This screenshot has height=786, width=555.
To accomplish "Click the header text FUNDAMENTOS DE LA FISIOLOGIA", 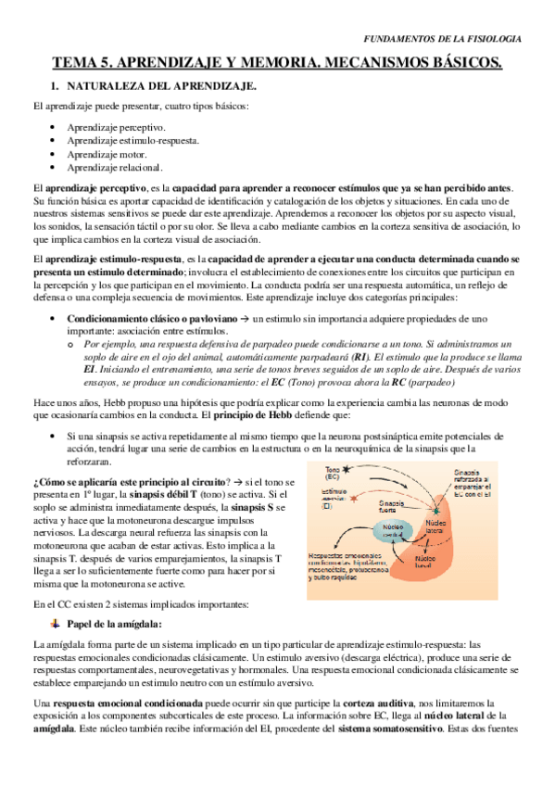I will click(440, 39).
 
